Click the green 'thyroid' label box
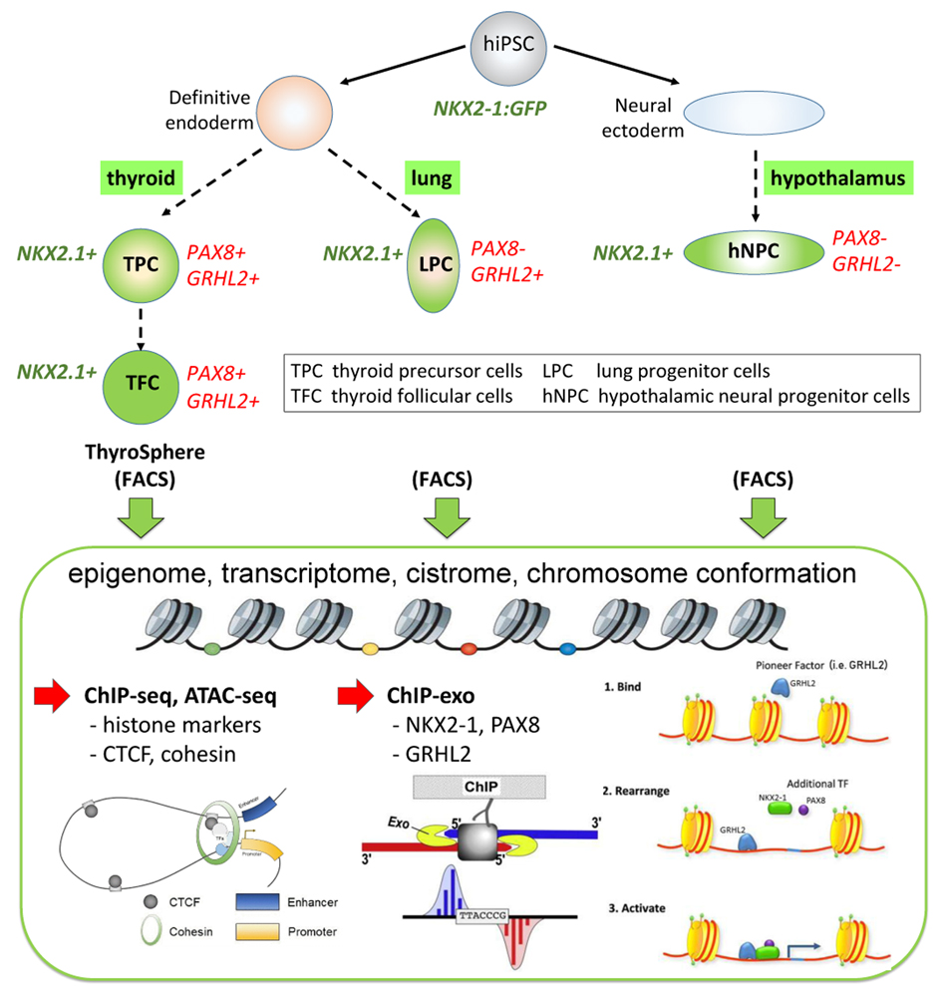[x=139, y=178]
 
